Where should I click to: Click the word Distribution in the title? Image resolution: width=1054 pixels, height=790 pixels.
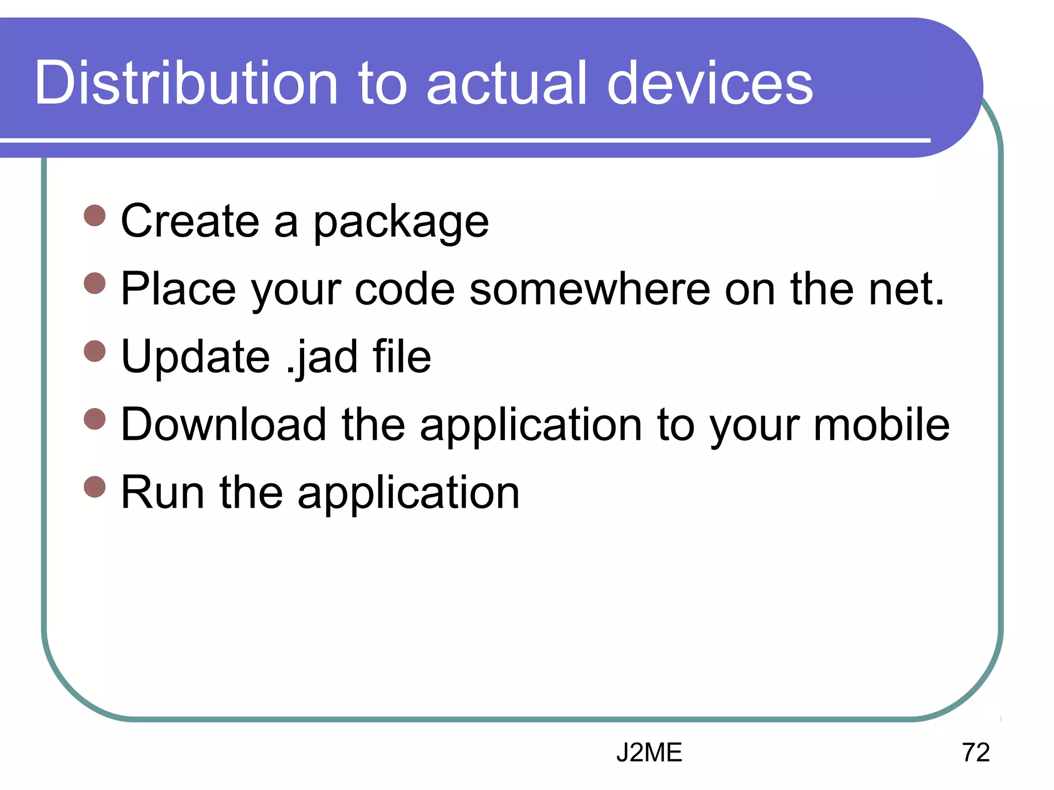[186, 83]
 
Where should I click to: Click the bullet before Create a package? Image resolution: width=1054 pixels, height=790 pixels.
[95, 216]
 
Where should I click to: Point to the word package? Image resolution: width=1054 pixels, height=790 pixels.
[401, 222]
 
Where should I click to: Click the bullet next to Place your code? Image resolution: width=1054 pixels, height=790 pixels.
[95, 283]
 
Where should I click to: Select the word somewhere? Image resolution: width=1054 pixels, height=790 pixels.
[590, 289]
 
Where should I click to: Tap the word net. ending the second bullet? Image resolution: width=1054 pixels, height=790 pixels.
[906, 289]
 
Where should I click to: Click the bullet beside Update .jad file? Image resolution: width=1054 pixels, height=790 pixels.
[95, 351]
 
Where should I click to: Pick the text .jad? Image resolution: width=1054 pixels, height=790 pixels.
[322, 357]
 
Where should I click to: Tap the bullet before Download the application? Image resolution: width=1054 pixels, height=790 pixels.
[95, 419]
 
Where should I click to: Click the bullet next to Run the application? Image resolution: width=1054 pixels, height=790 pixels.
[95, 487]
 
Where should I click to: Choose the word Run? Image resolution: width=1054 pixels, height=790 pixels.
[163, 493]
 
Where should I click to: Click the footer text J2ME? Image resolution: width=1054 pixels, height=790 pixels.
[649, 752]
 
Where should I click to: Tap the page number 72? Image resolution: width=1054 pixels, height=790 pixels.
[975, 752]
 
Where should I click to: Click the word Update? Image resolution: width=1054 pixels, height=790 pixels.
[195, 357]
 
